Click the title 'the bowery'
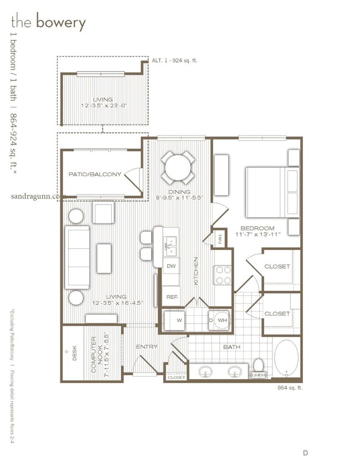[48, 23]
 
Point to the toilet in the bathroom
[258, 366]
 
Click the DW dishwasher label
[171, 267]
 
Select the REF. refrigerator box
[171, 296]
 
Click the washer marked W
[179, 320]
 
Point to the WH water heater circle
[222, 320]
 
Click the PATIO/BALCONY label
[95, 175]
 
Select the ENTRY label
[147, 347]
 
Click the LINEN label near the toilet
[258, 376]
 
